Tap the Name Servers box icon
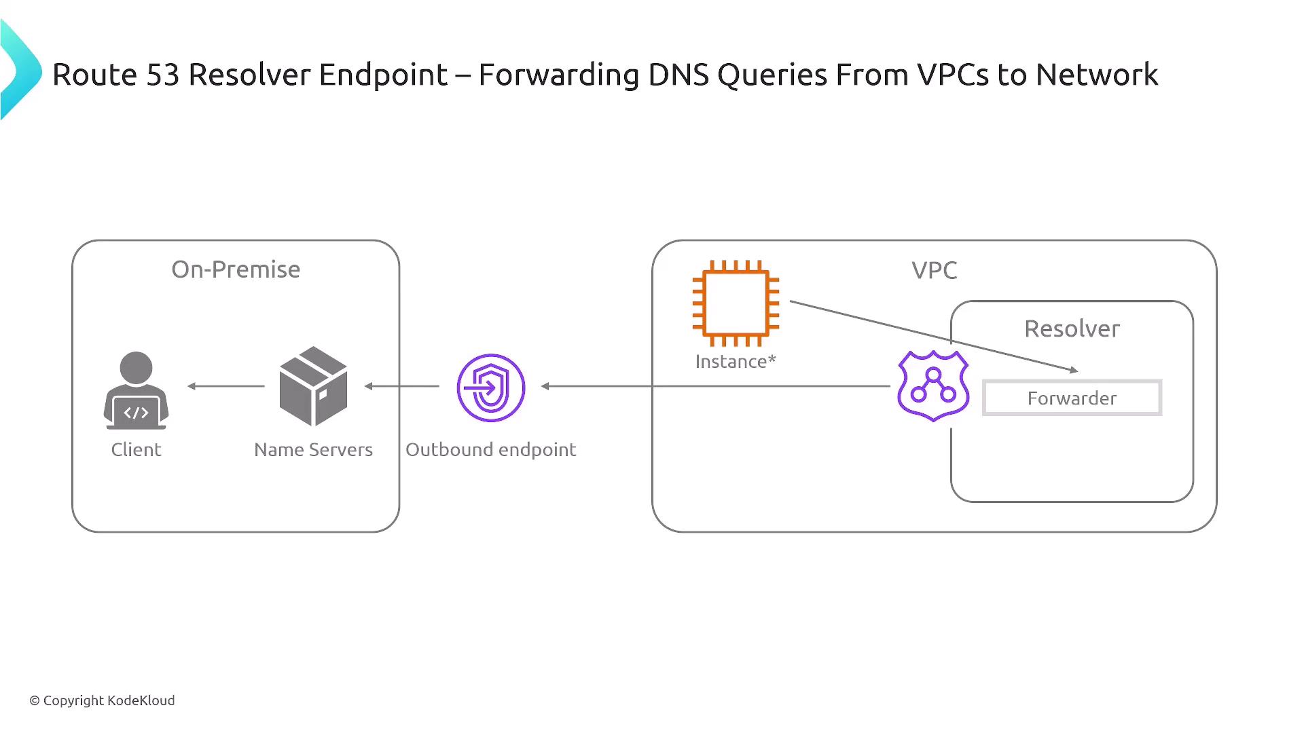point(313,386)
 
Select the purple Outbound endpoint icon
point(491,388)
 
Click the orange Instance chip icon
point(736,303)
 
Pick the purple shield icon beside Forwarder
point(933,386)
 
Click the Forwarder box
point(1072,398)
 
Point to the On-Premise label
point(236,269)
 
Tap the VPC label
point(934,270)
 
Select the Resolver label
point(1072,328)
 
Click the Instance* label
point(735,361)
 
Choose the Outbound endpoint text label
point(490,449)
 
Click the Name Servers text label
point(313,449)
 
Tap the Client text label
point(136,449)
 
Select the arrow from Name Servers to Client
point(225,386)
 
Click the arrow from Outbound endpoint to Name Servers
point(401,386)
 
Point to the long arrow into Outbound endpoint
point(713,386)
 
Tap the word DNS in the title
point(678,75)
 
